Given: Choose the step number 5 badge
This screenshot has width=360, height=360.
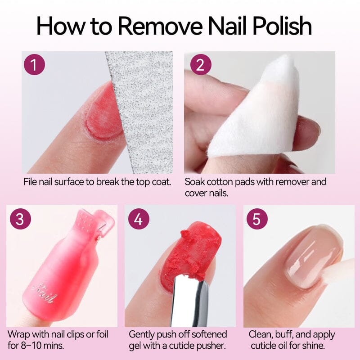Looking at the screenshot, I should [x=257, y=219].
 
